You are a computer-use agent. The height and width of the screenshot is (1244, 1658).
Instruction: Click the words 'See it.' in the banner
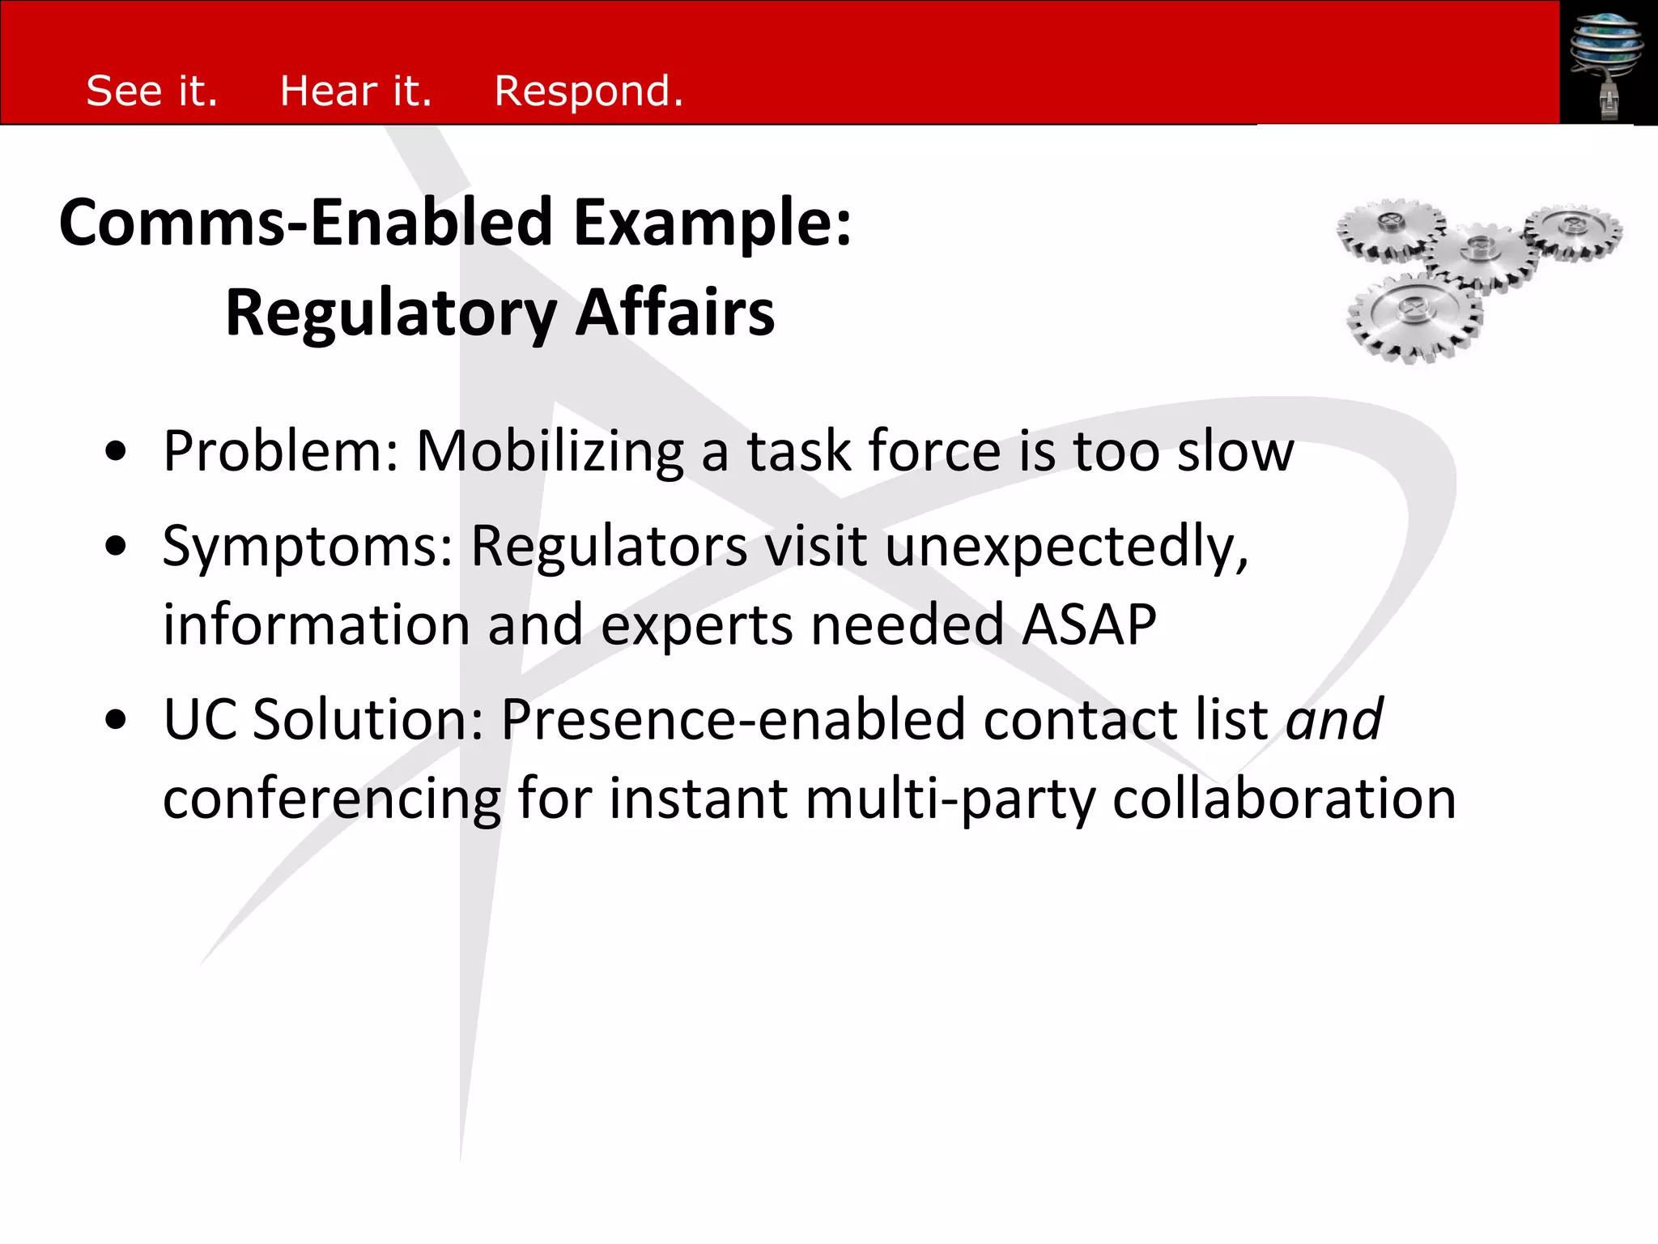coord(152,91)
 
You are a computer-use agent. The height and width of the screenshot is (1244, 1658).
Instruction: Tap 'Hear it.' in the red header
coord(355,91)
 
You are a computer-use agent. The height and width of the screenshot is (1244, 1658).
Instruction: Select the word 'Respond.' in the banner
coord(589,91)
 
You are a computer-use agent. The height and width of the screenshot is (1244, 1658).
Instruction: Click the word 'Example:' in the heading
coord(712,223)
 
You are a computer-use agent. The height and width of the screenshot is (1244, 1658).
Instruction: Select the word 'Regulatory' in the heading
coord(391,313)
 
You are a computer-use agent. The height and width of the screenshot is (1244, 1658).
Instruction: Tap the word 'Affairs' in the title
coord(675,313)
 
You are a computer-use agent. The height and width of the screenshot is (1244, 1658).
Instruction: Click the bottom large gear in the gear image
coord(1414,316)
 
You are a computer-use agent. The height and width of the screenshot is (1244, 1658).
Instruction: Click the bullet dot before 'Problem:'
coord(116,452)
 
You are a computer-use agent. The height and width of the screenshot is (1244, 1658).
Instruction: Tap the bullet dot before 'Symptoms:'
coord(116,547)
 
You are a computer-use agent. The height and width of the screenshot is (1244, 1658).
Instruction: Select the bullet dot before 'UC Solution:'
coord(116,719)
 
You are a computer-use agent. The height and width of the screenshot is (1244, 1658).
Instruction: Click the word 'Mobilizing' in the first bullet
coord(550,452)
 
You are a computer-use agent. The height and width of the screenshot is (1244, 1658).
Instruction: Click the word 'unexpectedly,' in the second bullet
coord(1067,547)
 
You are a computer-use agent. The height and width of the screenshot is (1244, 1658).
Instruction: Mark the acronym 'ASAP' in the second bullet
coord(1089,625)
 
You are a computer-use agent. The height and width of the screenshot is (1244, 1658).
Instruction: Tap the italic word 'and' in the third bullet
coord(1335,719)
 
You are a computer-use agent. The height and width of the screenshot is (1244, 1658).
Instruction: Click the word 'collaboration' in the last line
coord(1284,799)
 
